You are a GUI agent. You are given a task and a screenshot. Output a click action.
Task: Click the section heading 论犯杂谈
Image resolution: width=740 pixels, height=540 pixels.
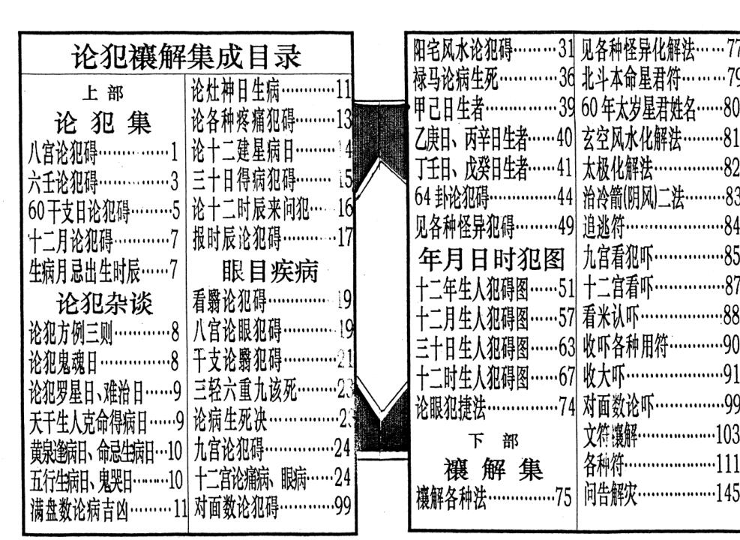pos(105,304)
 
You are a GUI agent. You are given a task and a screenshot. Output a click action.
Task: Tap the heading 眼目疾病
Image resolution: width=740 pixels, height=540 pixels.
pos(271,271)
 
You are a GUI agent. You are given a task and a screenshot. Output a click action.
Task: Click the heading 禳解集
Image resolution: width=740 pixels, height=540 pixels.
pos(492,471)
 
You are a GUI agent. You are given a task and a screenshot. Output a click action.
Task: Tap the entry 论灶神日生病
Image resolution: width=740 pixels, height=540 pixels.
pos(236,91)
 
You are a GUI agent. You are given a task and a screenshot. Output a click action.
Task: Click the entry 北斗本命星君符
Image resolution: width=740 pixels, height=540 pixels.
pos(630,76)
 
